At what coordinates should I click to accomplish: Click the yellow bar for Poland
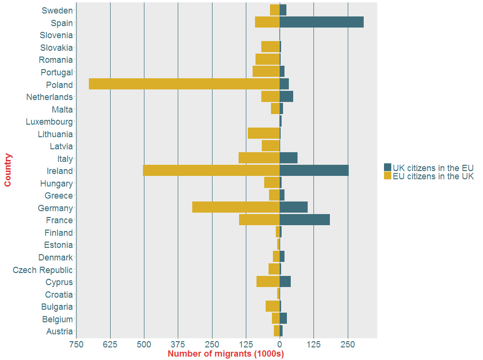coord(184,84)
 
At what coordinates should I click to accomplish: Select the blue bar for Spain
coord(321,22)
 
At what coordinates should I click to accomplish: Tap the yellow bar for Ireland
coord(211,171)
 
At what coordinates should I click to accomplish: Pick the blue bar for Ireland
coord(314,171)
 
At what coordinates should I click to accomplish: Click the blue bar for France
coord(304,220)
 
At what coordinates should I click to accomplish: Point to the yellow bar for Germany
coord(236,208)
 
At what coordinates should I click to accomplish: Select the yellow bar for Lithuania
coord(264,134)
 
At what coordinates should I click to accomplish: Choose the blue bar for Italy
coord(288,158)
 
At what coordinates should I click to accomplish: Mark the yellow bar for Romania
coord(268,59)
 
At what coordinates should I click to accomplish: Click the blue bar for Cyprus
coord(285,282)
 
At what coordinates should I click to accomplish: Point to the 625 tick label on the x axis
coord(110,345)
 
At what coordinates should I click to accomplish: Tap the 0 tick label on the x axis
coord(280,345)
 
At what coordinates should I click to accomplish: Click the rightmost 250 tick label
coord(348,345)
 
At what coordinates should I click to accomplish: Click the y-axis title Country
coord(8,170)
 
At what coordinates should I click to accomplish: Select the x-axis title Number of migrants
coord(226,354)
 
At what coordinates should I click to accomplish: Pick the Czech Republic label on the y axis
coord(43,270)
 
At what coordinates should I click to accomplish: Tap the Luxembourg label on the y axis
coord(49,122)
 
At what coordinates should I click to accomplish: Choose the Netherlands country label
coord(49,97)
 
